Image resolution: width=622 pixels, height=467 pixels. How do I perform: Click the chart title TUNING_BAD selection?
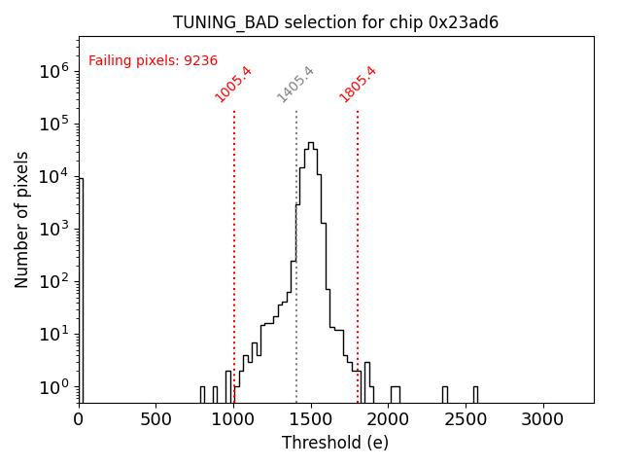tap(335, 22)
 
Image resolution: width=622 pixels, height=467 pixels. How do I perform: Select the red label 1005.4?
tap(233, 85)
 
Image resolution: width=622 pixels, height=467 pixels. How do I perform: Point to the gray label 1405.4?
tap(295, 85)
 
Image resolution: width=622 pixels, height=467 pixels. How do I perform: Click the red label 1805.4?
tap(358, 85)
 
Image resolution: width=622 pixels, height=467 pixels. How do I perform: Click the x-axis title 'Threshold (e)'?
tap(335, 443)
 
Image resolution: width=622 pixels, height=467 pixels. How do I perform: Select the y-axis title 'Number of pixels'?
tap(22, 219)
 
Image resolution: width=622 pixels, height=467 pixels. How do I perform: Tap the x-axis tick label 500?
tap(155, 419)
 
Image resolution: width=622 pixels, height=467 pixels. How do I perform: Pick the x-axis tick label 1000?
tap(232, 419)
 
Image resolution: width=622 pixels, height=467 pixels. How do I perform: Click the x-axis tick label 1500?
tap(310, 419)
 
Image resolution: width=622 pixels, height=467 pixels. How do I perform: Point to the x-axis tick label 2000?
tap(387, 419)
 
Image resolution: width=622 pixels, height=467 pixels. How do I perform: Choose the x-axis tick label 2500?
tap(465, 419)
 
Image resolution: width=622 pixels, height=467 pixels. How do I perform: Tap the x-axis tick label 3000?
tap(541, 419)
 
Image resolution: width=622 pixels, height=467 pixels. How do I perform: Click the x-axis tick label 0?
tap(79, 419)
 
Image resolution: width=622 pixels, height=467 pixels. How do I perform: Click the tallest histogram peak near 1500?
tap(311, 144)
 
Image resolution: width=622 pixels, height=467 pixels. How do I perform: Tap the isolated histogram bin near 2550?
tap(475, 393)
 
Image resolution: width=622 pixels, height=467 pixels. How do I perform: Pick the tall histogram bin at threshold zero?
tap(81, 292)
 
